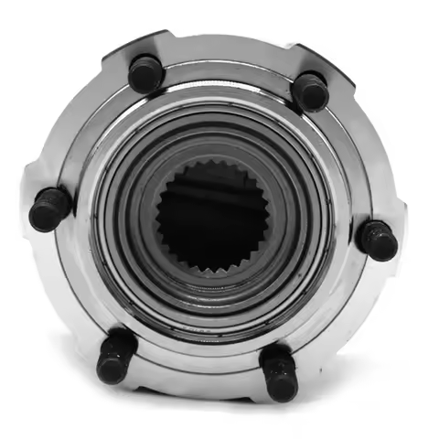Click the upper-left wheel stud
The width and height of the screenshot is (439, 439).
coord(145,73)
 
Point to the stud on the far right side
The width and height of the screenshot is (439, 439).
coord(377,240)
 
